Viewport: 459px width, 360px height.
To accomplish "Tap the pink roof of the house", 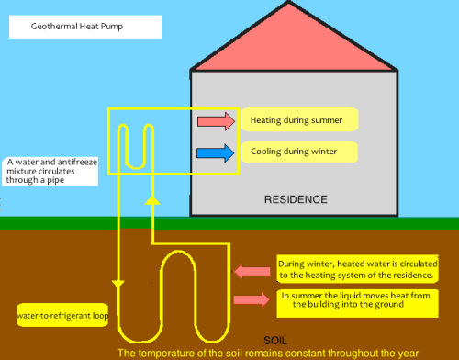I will pyautogui.click(x=294, y=41).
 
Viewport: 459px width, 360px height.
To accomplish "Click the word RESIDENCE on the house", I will pyautogui.click(x=295, y=198).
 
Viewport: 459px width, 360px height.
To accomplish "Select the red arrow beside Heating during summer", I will pyautogui.click(x=217, y=121).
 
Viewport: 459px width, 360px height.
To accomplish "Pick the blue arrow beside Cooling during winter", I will pyautogui.click(x=217, y=152).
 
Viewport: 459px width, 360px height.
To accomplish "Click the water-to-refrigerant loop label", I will pyautogui.click(x=63, y=316).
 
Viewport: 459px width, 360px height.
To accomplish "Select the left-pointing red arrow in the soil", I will pyautogui.click(x=252, y=271).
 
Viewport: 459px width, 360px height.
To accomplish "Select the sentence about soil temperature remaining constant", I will pyautogui.click(x=267, y=353).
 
